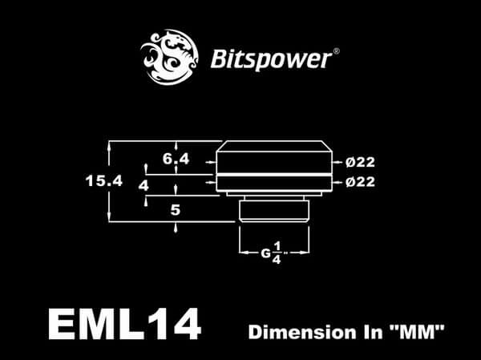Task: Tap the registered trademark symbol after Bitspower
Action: pyautogui.click(x=335, y=52)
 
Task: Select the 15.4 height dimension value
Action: pyautogui.click(x=103, y=181)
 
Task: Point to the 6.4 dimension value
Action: pyautogui.click(x=176, y=159)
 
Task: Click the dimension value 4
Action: pyautogui.click(x=143, y=185)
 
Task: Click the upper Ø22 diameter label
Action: pyautogui.click(x=361, y=162)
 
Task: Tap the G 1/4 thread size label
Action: pyautogui.click(x=270, y=252)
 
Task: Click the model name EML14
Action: pyautogui.click(x=124, y=325)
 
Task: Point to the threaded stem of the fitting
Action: pyautogui.click(x=274, y=211)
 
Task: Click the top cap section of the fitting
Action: pyautogui.click(x=274, y=156)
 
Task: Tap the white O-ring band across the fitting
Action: pyautogui.click(x=274, y=172)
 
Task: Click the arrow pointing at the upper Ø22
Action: pyautogui.click(x=339, y=162)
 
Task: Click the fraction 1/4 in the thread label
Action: pyautogui.click(x=277, y=252)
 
